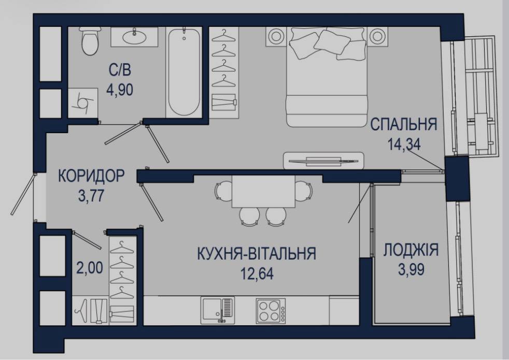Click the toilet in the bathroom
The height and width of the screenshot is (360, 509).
90,41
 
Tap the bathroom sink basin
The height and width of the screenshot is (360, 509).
134,36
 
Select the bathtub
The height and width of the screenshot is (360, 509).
184,72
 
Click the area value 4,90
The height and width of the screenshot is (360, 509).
120,90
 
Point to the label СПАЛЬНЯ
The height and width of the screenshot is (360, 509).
404,124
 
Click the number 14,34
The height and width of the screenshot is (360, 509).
404,144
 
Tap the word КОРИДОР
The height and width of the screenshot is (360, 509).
91,176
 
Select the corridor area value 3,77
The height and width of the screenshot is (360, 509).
91,196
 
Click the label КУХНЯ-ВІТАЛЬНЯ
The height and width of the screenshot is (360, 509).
257,253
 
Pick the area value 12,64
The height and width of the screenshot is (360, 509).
257,273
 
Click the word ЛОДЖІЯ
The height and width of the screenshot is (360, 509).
411,250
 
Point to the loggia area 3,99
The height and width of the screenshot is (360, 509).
411,269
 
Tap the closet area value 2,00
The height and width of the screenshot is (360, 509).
90,268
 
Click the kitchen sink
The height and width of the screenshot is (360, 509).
217,310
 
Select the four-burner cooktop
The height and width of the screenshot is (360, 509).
271,311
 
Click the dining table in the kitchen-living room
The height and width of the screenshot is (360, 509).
263,191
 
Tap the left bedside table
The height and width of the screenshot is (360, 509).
276,36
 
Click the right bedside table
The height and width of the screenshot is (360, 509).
377,36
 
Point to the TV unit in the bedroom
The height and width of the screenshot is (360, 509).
323,160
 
